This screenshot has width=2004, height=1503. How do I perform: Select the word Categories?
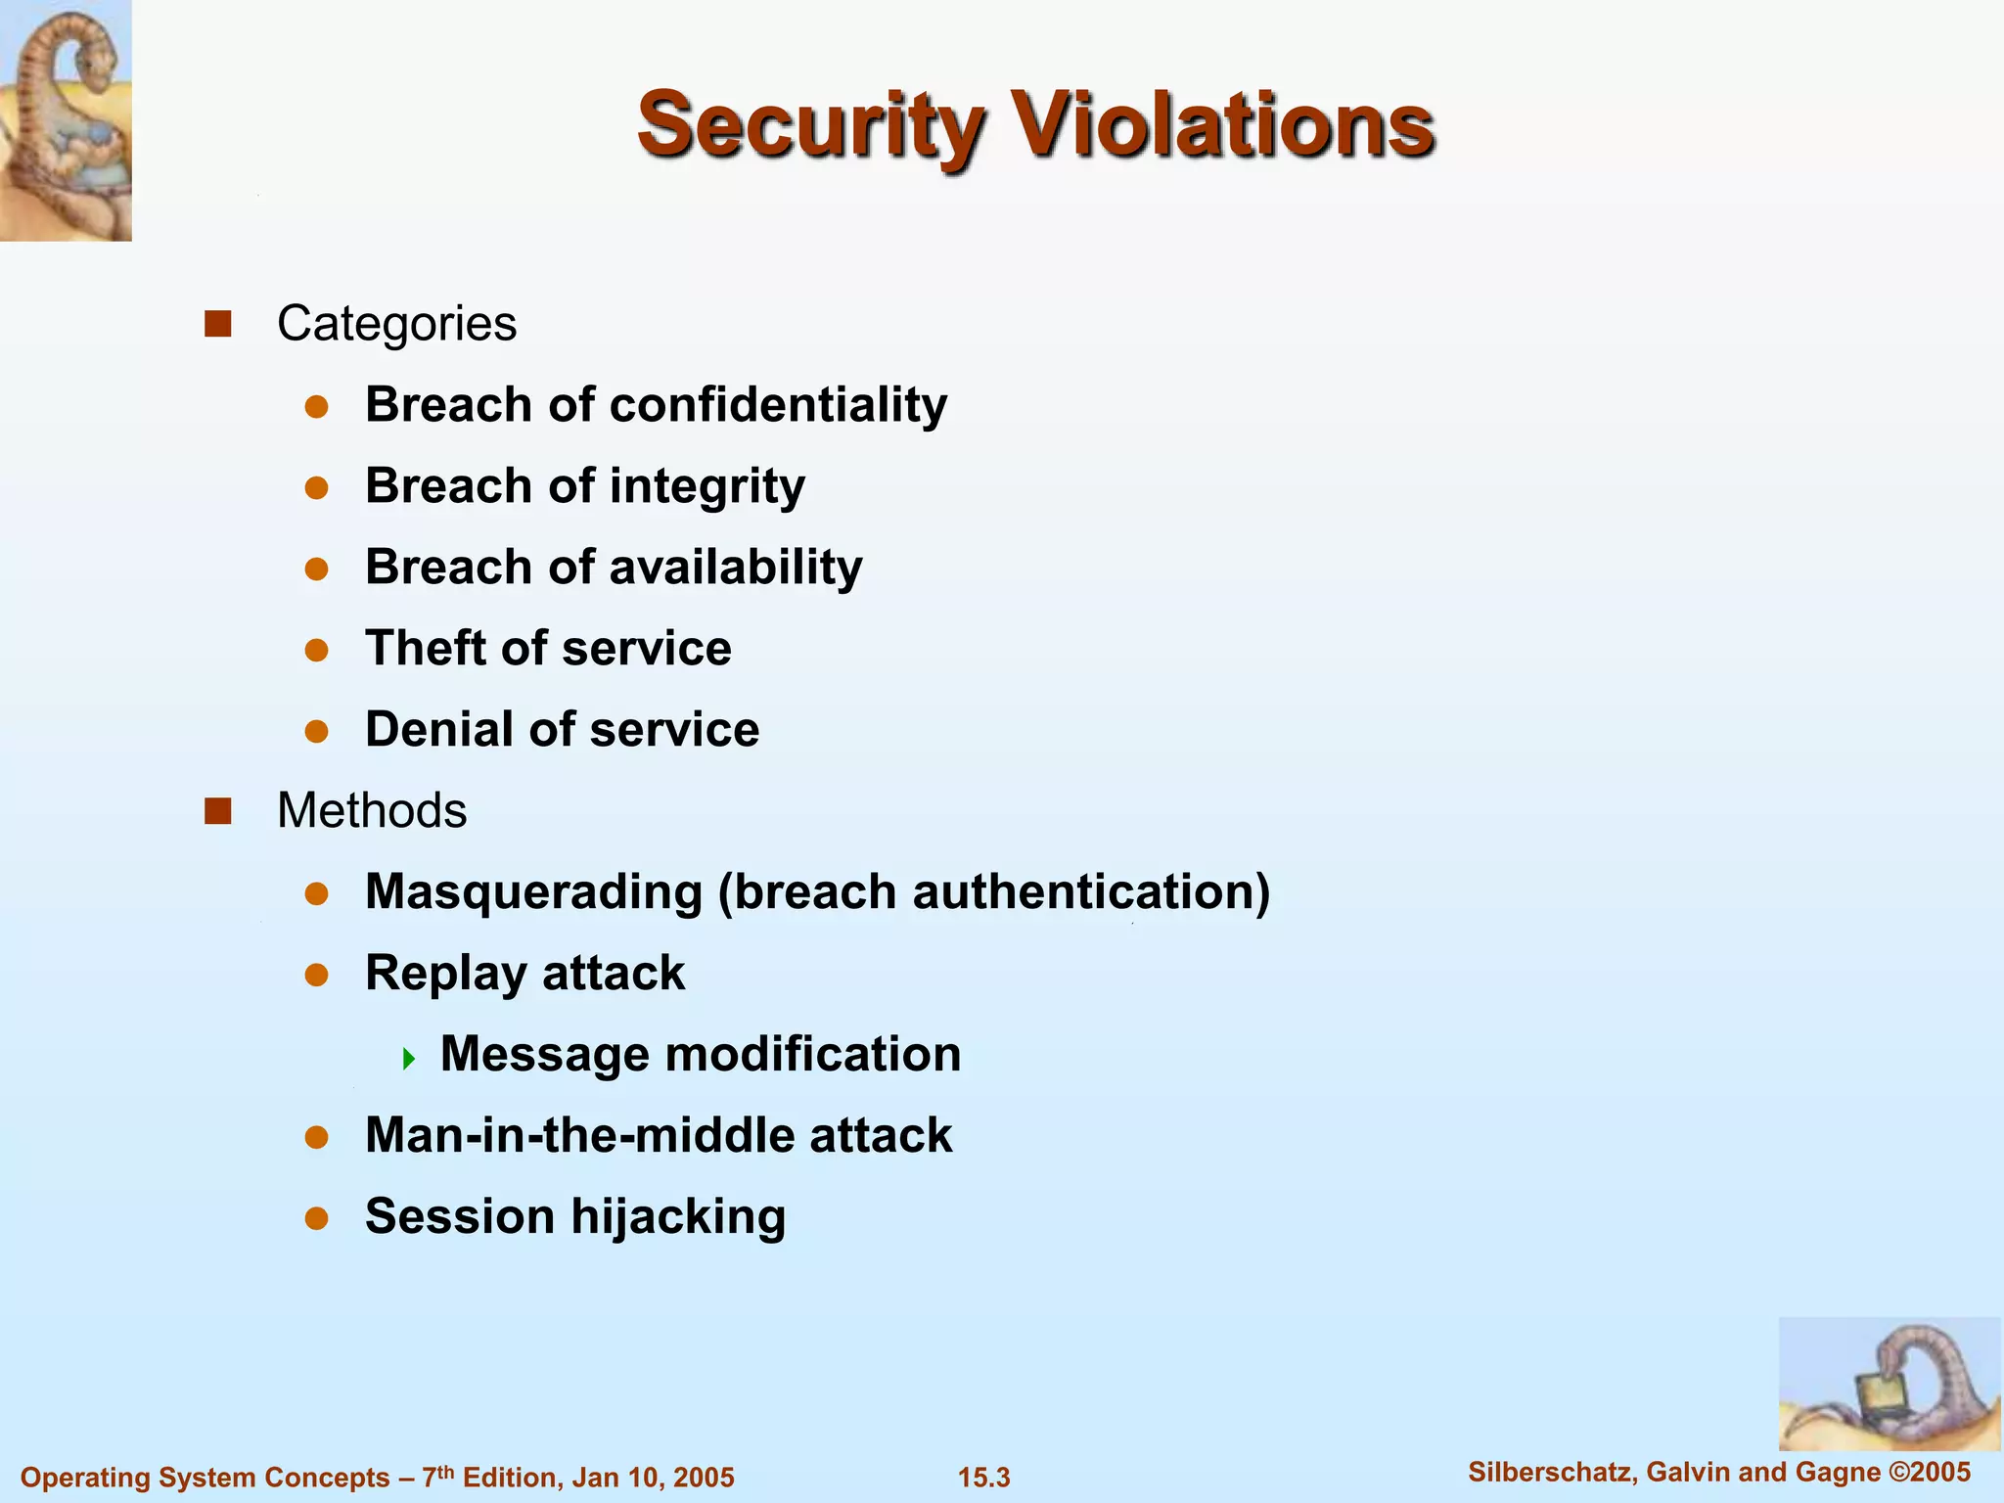(x=396, y=324)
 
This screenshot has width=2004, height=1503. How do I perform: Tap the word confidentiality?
(x=778, y=404)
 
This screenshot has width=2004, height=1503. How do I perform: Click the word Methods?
(x=372, y=811)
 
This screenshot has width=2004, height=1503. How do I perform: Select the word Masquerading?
(x=533, y=892)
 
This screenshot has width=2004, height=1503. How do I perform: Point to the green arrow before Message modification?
(x=409, y=1058)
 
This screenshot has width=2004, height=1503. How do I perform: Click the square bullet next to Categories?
(x=217, y=324)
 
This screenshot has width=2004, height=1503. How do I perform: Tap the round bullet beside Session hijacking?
(x=315, y=1218)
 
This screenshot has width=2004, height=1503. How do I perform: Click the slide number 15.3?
(x=983, y=1478)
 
